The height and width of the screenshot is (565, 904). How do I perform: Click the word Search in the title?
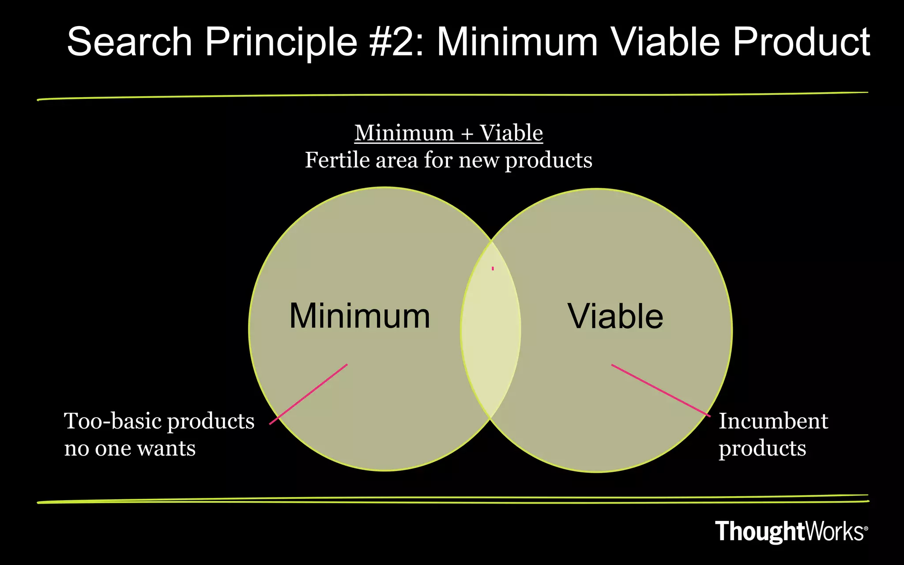tap(129, 42)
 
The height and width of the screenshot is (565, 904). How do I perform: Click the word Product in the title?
tap(801, 42)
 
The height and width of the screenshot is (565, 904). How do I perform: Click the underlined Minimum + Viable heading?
tap(448, 133)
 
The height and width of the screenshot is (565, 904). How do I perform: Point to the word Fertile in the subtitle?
tap(338, 160)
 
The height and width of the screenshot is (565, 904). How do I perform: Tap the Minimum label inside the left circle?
tap(359, 316)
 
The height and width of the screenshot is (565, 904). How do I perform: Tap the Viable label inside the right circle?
tap(615, 316)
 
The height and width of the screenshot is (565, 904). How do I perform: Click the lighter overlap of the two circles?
tap(490, 335)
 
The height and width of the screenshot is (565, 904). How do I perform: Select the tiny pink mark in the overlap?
tap(493, 268)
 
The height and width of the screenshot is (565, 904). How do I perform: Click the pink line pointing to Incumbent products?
tap(661, 390)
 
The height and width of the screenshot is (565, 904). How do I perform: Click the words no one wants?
tap(130, 448)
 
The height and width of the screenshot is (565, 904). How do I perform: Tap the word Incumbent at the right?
tap(773, 421)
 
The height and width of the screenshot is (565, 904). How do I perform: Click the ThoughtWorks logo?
tap(789, 531)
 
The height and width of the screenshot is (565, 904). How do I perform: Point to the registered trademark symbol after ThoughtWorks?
tap(866, 528)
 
